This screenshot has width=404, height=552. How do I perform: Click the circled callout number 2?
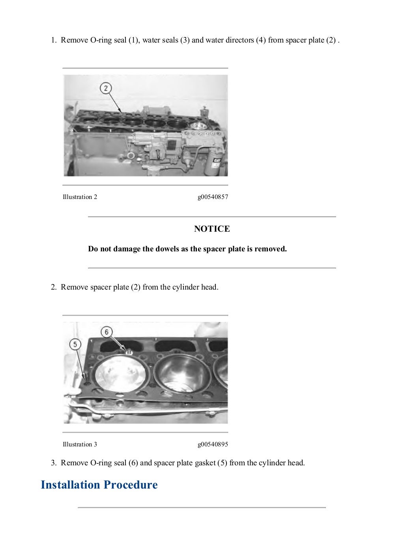106,88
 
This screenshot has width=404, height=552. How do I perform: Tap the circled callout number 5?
75,344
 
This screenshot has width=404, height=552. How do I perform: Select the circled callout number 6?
107,332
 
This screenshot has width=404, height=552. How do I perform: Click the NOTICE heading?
212,229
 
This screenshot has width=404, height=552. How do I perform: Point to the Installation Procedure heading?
99,485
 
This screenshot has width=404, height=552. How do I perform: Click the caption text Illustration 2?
80,197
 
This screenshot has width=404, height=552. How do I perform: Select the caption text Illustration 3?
80,444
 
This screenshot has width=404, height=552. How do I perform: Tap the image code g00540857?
213,197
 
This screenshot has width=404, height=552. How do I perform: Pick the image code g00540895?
213,444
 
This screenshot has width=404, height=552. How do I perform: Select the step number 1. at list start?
54,40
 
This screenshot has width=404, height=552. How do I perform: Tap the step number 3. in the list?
54,463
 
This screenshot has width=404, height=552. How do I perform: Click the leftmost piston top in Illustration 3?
120,374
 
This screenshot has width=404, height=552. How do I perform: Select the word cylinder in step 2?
180,287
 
